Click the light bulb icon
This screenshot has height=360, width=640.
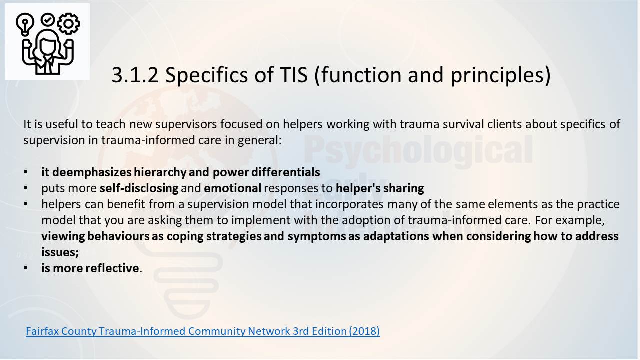click(x=25, y=24)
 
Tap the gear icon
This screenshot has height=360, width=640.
click(x=68, y=24)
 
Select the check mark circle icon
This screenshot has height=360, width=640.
click(x=48, y=19)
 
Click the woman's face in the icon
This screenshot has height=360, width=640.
click(x=47, y=45)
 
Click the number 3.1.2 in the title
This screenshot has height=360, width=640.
click(x=135, y=75)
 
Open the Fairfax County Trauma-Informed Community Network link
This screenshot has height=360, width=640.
click(x=203, y=331)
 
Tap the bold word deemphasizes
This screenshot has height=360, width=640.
click(x=92, y=172)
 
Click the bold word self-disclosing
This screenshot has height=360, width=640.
click(x=139, y=188)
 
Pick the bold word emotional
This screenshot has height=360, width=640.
click(x=233, y=188)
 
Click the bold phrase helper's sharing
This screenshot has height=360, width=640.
click(x=380, y=188)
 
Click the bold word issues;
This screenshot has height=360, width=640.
click(x=60, y=252)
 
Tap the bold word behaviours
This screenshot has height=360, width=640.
click(x=118, y=236)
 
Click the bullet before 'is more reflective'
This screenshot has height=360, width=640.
click(x=26, y=268)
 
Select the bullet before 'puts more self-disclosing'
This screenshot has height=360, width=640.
click(x=26, y=188)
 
